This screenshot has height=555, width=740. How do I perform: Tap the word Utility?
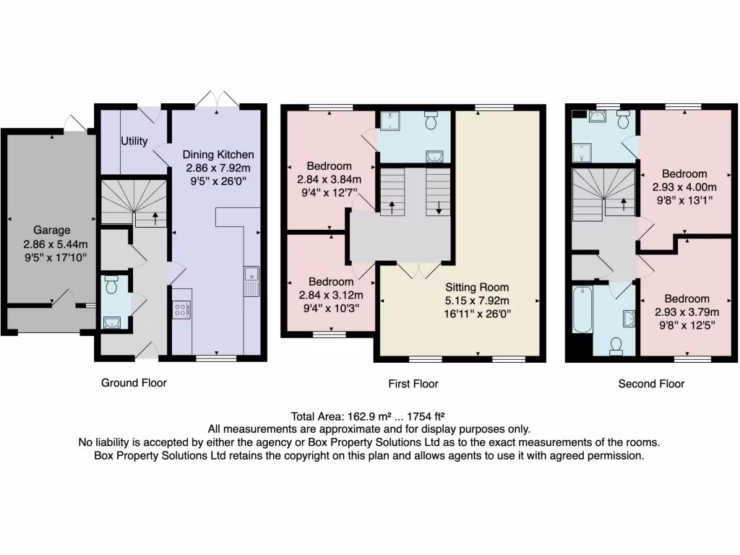(134, 141)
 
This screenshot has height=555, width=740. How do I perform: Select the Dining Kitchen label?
(218, 154)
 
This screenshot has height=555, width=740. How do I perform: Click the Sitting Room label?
(477, 287)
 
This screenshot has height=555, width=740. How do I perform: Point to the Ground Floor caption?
(134, 383)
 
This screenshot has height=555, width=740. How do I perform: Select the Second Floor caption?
(651, 384)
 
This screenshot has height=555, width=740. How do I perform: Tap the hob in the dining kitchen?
(182, 310)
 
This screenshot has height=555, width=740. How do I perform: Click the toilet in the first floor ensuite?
(431, 121)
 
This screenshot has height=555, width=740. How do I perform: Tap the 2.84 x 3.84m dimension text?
(330, 179)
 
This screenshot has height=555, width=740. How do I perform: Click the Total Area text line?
(367, 416)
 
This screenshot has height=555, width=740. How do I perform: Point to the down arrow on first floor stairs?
(439, 207)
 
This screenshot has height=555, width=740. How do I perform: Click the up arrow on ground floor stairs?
(155, 218)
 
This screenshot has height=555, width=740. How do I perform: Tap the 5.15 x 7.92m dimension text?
(477, 301)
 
